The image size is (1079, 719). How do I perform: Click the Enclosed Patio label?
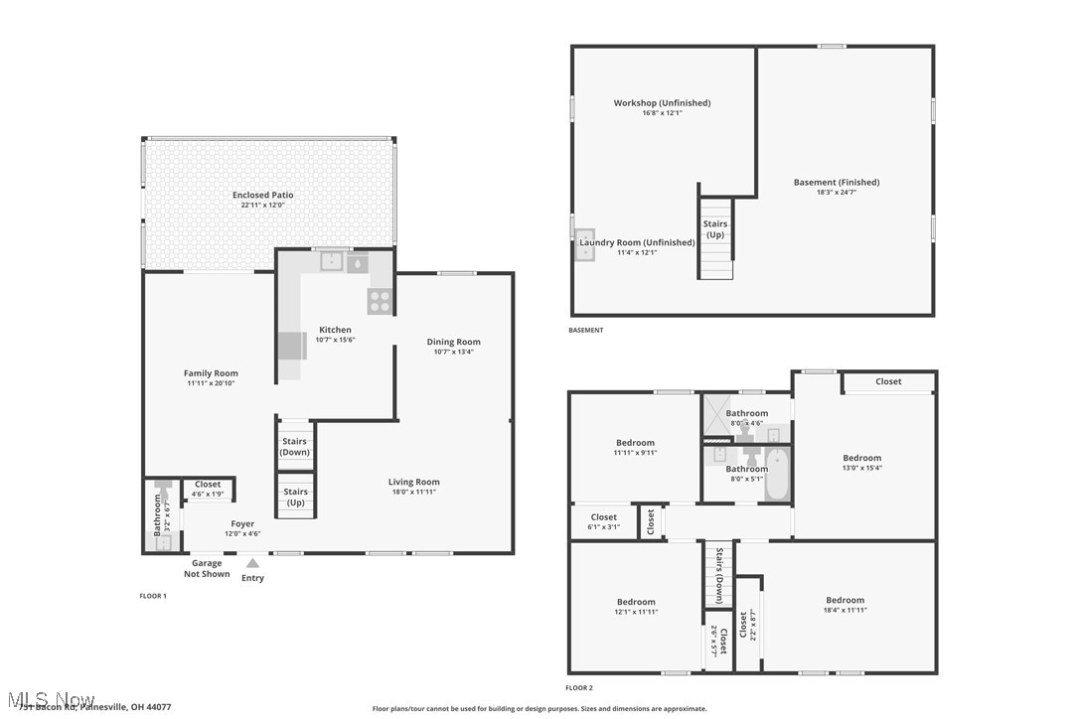pyautogui.click(x=262, y=195)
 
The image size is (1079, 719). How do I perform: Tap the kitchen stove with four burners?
pyautogui.click(x=380, y=300)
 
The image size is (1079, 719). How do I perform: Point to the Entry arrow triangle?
pyautogui.click(x=252, y=563)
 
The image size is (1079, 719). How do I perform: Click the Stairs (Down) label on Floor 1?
pyautogui.click(x=295, y=447)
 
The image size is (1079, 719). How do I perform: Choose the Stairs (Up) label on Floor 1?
pyautogui.click(x=295, y=497)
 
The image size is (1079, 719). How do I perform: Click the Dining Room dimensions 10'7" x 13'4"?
pyautogui.click(x=453, y=352)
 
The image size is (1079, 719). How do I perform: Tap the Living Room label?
pyautogui.click(x=413, y=482)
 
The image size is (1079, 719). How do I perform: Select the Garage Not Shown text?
pyautogui.click(x=207, y=569)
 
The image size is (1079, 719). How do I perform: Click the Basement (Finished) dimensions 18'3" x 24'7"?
pyautogui.click(x=837, y=192)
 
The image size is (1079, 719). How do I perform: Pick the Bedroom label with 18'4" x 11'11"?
pyautogui.click(x=845, y=600)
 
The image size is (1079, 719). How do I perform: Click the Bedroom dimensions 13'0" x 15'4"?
pyautogui.click(x=861, y=468)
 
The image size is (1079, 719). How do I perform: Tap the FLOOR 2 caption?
pyautogui.click(x=578, y=687)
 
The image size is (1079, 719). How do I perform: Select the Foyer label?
pyautogui.click(x=242, y=523)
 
